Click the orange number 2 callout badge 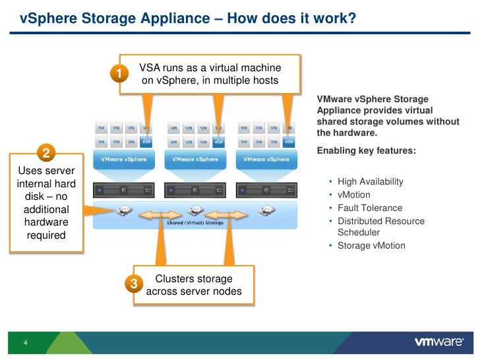(x=47, y=154)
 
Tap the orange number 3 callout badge (x=134, y=284)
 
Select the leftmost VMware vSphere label (x=123, y=160)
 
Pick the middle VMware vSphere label (x=195, y=160)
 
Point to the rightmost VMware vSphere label (x=266, y=160)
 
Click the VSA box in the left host (x=147, y=141)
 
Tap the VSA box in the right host (x=289, y=141)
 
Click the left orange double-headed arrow (x=159, y=214)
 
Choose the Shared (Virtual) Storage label (x=195, y=223)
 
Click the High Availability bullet (x=370, y=182)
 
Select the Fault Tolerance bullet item (x=369, y=208)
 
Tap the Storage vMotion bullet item (x=371, y=246)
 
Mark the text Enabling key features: (x=366, y=151)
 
